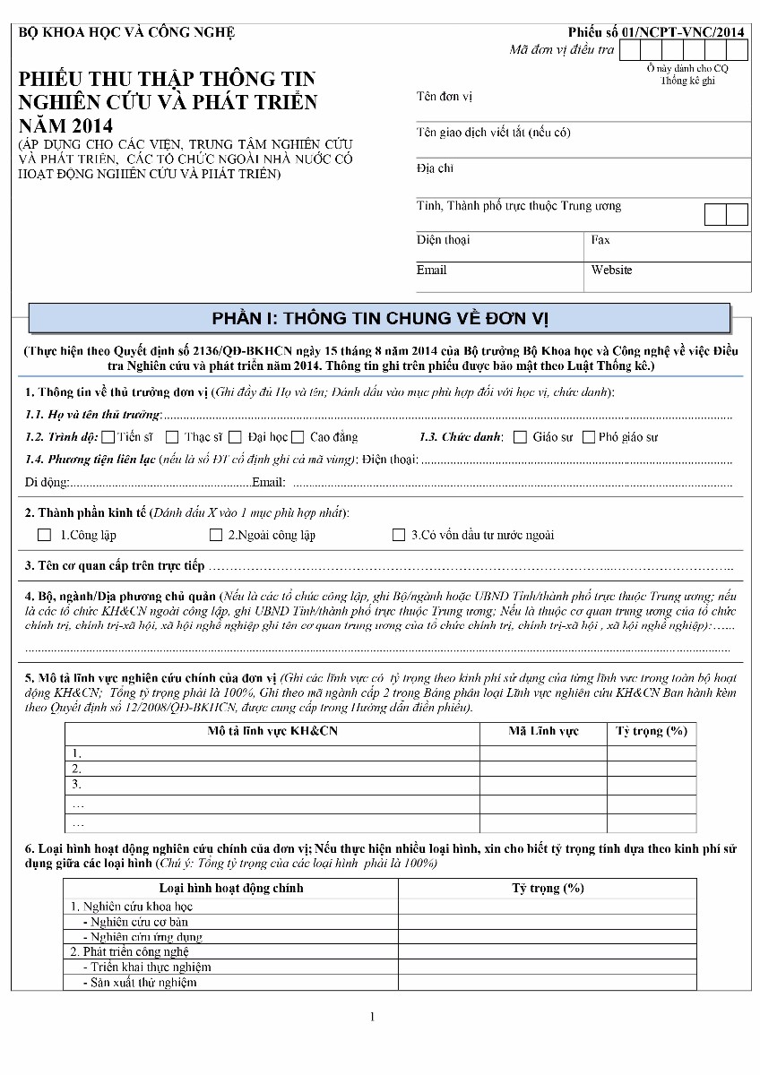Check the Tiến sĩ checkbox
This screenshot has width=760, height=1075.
(x=108, y=437)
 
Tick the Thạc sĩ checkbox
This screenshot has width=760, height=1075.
(x=172, y=437)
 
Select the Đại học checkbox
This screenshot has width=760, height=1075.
(x=236, y=437)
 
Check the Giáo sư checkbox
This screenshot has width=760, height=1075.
(x=521, y=437)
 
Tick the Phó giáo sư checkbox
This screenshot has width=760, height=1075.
(x=589, y=437)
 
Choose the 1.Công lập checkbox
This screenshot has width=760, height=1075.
(x=45, y=535)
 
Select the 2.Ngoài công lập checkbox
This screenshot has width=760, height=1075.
(x=216, y=535)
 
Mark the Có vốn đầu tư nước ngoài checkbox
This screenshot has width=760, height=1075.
(x=399, y=535)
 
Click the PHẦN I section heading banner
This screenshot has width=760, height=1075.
(x=379, y=318)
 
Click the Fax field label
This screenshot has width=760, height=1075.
(x=600, y=240)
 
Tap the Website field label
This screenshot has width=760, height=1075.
(x=611, y=270)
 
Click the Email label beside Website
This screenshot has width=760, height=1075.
(x=431, y=270)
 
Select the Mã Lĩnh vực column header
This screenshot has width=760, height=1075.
(x=543, y=731)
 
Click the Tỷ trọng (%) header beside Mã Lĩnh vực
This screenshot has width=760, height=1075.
(x=651, y=731)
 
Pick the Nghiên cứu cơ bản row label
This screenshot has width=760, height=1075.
(x=139, y=922)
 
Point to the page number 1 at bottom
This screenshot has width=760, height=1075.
(x=373, y=1017)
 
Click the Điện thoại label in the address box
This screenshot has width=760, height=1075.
(x=443, y=240)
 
